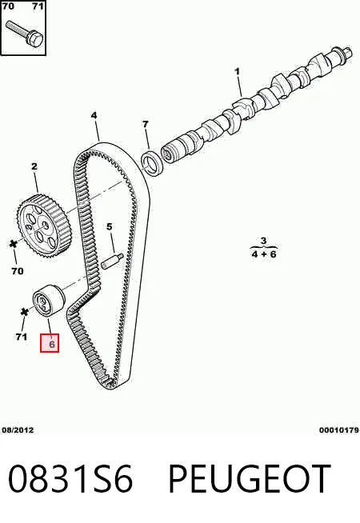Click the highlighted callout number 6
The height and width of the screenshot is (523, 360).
[x=52, y=344]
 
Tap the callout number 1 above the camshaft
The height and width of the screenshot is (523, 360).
[x=238, y=72]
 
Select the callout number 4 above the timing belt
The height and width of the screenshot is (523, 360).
[x=94, y=115]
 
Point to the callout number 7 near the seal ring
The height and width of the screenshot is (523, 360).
[x=145, y=124]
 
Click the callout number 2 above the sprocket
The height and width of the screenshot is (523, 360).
[x=34, y=166]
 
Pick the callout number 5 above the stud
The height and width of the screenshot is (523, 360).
[x=110, y=227]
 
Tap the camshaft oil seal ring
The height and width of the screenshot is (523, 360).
[x=152, y=162]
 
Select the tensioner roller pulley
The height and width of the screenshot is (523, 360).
[x=48, y=299]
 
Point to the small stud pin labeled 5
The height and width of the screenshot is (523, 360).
[x=112, y=261]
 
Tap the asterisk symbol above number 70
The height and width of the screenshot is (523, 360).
[x=14, y=244]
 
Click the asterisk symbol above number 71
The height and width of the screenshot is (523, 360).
[x=24, y=312]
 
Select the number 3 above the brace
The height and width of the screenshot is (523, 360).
[x=263, y=241]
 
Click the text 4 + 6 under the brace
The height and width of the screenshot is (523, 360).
[x=264, y=254]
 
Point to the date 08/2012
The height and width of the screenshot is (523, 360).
[x=18, y=430]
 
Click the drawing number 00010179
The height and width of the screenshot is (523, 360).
[x=339, y=430]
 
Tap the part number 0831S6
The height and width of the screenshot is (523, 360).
[x=70, y=479]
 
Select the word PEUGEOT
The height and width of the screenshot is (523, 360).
[x=250, y=479]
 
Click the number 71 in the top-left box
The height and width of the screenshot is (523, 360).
[x=38, y=6]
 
